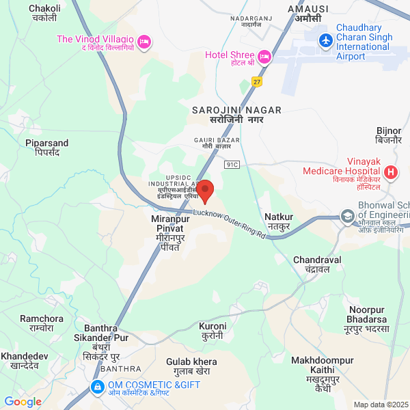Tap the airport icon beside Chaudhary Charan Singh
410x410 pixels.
coord(325,41)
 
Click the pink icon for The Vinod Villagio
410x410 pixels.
coord(143,42)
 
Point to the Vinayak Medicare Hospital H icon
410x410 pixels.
coord(390,172)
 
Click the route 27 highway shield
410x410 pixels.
coord(257,81)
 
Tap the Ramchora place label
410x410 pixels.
coord(41,323)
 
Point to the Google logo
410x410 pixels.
coord(23,402)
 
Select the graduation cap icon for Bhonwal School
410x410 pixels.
coord(348,217)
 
